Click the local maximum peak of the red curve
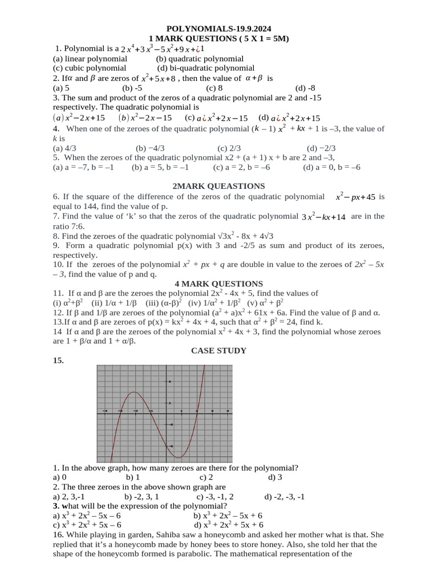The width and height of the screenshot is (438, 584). pyautogui.click(x=135, y=392)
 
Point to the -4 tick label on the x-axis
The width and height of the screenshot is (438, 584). pyautogui.click(x=104, y=411)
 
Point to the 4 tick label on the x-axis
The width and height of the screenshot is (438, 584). pyautogui.click(x=228, y=411)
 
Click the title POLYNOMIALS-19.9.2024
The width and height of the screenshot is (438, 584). pyautogui.click(x=218, y=28)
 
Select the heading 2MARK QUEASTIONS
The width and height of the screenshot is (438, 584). pyautogui.click(x=218, y=186)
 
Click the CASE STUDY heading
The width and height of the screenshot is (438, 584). pyautogui.click(x=218, y=351)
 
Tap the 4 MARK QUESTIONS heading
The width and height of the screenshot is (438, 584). pyautogui.click(x=218, y=283)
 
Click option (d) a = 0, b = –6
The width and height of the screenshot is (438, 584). pyautogui.click(x=331, y=167)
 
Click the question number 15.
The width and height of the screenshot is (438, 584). pyautogui.click(x=58, y=360)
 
